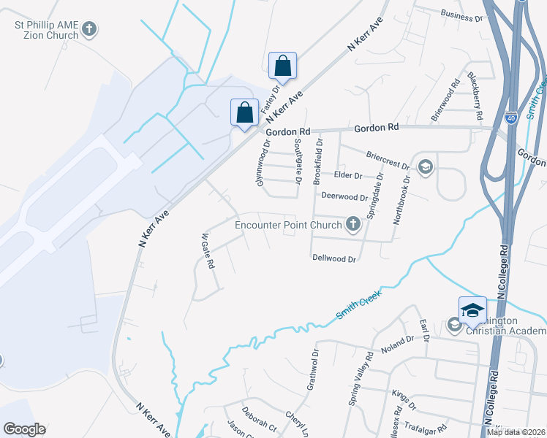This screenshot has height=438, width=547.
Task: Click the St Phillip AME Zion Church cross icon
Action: [89, 30]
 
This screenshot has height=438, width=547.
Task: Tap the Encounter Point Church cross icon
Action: [353, 224]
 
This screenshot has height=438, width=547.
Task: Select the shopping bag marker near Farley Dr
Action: [282, 65]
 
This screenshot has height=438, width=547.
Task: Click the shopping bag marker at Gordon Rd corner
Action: [244, 112]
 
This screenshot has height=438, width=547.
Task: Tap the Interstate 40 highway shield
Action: [511, 116]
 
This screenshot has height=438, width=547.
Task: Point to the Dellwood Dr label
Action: [333, 258]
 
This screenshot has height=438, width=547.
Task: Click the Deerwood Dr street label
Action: [344, 197]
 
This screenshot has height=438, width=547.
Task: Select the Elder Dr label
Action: [348, 176]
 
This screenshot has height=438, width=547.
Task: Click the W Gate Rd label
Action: [207, 250]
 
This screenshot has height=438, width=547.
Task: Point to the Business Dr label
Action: [462, 15]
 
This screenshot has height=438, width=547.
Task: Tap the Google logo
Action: [24, 429]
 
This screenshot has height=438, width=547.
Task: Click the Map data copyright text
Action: [515, 432]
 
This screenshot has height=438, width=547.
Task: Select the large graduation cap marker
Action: [472, 310]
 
